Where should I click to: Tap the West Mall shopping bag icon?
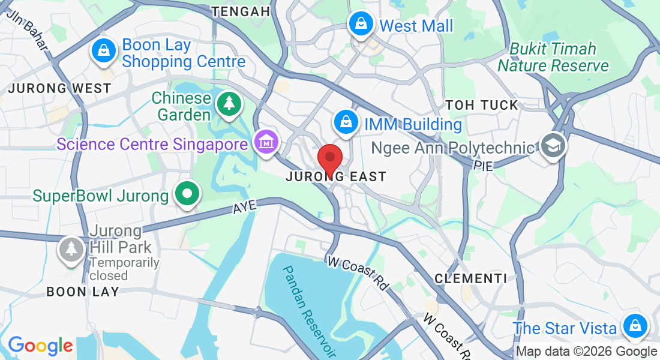pos(361,25)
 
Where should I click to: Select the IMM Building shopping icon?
pos(346,122)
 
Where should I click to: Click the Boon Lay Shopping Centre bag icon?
pos(104,51)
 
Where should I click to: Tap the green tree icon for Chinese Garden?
pos(229,104)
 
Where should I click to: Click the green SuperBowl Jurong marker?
pos(187,194)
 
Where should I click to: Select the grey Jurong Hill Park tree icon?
pos(71,249)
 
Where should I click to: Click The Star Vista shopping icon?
pos(634,327)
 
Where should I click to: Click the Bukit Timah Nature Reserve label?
pos(553,57)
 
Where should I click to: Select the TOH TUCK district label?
pos(482,105)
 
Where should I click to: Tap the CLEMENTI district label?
pos(470,278)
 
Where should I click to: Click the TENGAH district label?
pos(241,11)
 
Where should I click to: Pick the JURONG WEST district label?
pos(59,88)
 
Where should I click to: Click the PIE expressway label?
pos(483,165)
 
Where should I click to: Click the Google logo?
pos(40,346)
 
